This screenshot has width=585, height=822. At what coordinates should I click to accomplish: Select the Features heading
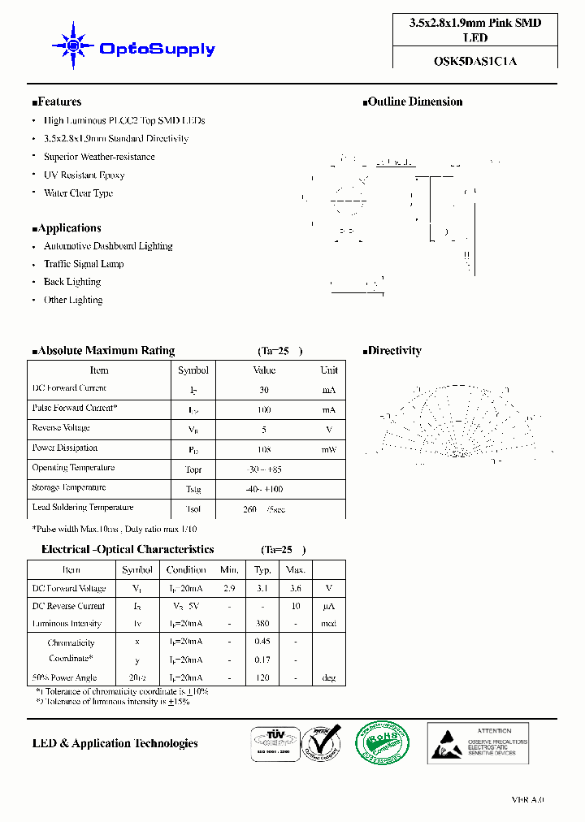(57, 102)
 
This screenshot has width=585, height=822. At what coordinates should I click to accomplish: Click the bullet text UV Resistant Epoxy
(84, 175)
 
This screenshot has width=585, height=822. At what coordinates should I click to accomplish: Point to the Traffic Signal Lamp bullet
(84, 264)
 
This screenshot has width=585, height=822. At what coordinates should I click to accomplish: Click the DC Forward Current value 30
(264, 390)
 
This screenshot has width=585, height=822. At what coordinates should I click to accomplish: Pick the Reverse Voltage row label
(61, 428)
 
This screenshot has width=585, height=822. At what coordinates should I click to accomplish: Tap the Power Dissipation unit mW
(328, 449)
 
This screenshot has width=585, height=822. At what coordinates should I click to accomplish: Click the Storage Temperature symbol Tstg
(193, 489)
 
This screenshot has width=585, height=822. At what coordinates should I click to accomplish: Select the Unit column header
(328, 370)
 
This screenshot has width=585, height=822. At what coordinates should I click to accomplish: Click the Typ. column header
(262, 570)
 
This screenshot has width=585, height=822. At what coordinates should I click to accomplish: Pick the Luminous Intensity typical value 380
(262, 625)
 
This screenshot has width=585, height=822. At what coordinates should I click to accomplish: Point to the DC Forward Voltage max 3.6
(296, 588)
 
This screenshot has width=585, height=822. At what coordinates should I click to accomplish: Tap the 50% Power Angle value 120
(262, 677)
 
